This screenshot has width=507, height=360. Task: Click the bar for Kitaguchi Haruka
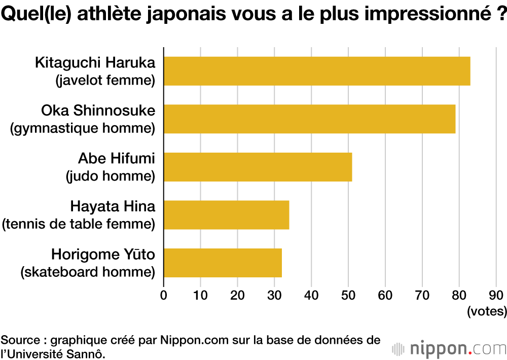click(x=317, y=71)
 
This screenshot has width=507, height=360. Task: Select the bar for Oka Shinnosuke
click(x=309, y=119)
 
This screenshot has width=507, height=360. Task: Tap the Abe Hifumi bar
click(x=258, y=167)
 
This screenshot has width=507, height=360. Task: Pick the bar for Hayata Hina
click(x=226, y=214)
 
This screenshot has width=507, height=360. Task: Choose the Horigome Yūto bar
click(x=223, y=263)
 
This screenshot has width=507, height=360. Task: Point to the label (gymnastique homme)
click(x=83, y=128)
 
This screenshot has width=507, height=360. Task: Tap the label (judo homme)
click(x=111, y=176)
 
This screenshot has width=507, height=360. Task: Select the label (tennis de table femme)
click(x=79, y=224)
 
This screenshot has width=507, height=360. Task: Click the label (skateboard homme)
click(x=88, y=272)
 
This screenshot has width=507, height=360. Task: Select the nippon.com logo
click(x=449, y=349)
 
